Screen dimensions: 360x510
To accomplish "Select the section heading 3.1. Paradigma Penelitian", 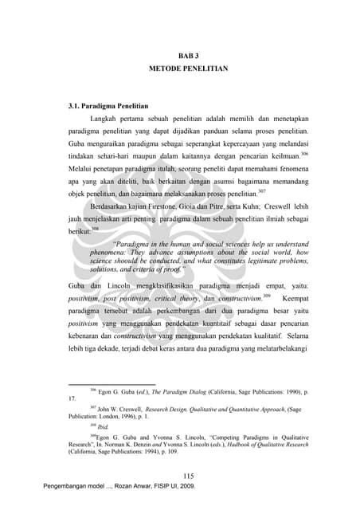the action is [108, 106].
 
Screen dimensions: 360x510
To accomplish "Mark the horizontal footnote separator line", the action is [112, 383].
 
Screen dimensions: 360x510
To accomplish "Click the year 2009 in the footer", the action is [185, 485].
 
